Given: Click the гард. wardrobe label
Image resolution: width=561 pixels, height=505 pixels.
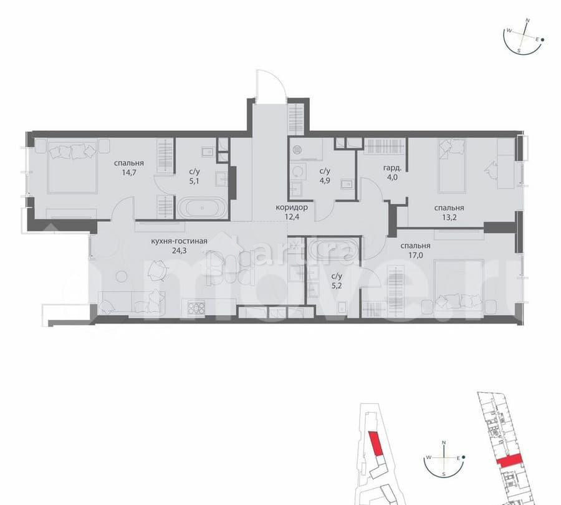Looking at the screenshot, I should click(391, 168).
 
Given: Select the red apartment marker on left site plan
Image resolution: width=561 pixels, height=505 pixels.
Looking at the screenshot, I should click(375, 445).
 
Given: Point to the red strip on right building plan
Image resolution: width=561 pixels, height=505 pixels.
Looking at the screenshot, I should click(509, 461).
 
